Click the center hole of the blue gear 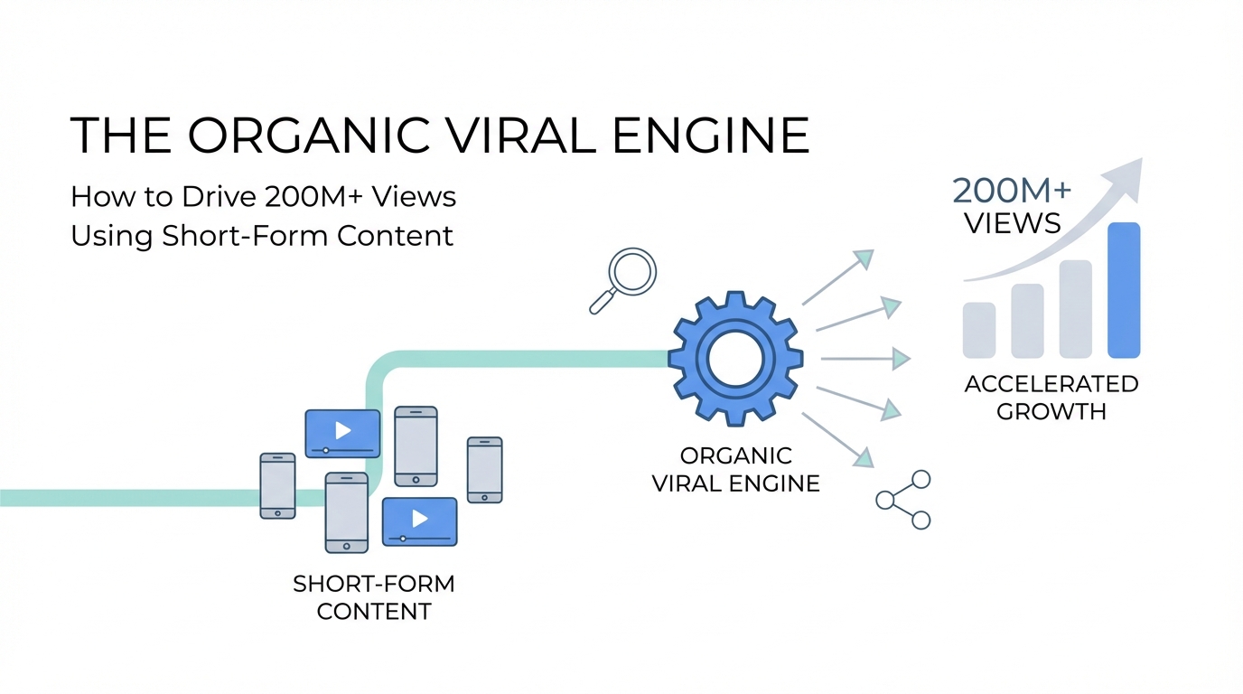coord(735,359)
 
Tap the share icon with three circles coord(904,500)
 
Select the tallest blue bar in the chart coord(1123,290)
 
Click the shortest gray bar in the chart coord(979,330)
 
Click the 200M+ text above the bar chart coord(1012,191)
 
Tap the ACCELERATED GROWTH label coord(1051,398)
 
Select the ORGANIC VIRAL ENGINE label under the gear coord(735,469)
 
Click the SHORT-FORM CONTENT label coord(374,597)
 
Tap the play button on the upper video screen coord(342,431)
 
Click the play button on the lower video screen coord(419,519)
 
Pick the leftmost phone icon coord(277,485)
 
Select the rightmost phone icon coord(484,469)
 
